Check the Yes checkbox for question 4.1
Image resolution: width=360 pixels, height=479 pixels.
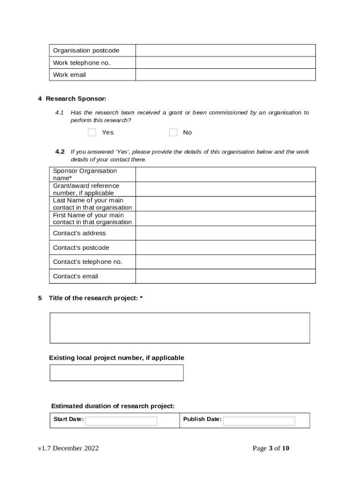(x=92, y=132)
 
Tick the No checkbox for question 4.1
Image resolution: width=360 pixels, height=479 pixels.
(x=173, y=132)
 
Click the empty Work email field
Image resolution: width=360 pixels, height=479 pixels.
(x=225, y=75)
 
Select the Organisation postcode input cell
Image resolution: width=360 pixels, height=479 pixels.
(x=225, y=51)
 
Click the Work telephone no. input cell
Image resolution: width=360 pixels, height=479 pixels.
(x=225, y=63)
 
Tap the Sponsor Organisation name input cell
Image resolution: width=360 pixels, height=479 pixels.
(x=225, y=174)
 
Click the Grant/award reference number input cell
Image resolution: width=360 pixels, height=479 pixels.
(x=225, y=189)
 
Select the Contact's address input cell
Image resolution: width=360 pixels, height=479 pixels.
(x=225, y=233)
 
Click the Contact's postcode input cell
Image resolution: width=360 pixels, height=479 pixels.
(x=225, y=247)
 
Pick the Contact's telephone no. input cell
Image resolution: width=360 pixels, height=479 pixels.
(x=225, y=262)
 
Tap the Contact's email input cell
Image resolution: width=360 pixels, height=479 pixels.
(x=225, y=276)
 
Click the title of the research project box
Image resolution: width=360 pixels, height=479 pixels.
(x=180, y=328)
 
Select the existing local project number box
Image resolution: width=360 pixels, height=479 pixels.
(x=116, y=373)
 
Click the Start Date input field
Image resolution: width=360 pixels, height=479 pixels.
(x=121, y=421)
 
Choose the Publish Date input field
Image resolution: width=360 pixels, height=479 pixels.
(x=259, y=421)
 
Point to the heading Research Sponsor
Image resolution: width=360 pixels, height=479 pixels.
(x=76, y=99)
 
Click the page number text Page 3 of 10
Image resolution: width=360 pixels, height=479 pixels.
(x=271, y=448)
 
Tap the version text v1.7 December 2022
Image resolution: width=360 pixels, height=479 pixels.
(x=69, y=448)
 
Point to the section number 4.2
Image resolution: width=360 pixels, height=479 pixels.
(x=60, y=152)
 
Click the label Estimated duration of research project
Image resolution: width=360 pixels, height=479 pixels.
(x=113, y=406)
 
